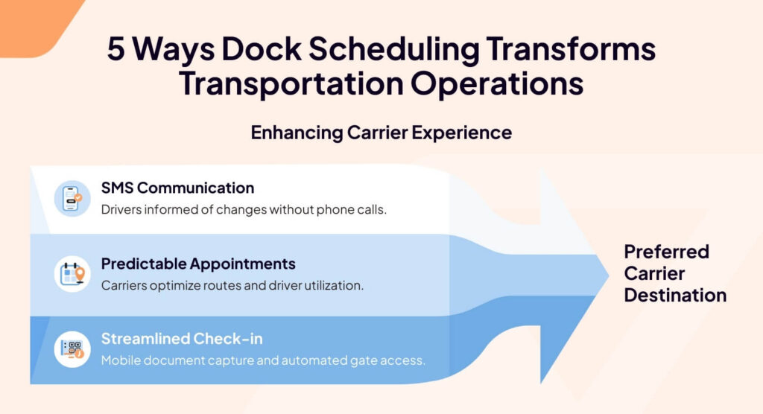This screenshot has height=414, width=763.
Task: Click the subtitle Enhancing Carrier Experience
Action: [x=381, y=133]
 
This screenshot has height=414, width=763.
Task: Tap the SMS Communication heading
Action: [x=177, y=188]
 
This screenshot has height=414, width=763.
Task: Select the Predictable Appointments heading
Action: [x=198, y=264]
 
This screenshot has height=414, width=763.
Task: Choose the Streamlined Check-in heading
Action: [x=182, y=339]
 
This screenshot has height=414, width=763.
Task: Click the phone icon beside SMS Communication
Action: [x=72, y=198]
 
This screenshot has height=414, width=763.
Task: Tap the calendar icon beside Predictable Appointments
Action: [x=72, y=274]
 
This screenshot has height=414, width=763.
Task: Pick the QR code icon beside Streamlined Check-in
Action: [x=72, y=349]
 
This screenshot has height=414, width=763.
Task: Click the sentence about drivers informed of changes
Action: [x=244, y=209]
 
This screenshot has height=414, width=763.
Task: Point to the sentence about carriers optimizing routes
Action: [x=232, y=285]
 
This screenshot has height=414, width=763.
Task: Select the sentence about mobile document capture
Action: [x=263, y=360]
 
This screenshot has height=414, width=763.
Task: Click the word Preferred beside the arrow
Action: [x=666, y=251]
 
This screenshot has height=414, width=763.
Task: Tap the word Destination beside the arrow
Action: [x=675, y=295]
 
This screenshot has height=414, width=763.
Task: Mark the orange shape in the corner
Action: [x=34, y=22]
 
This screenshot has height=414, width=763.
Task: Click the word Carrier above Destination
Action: [x=654, y=273]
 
